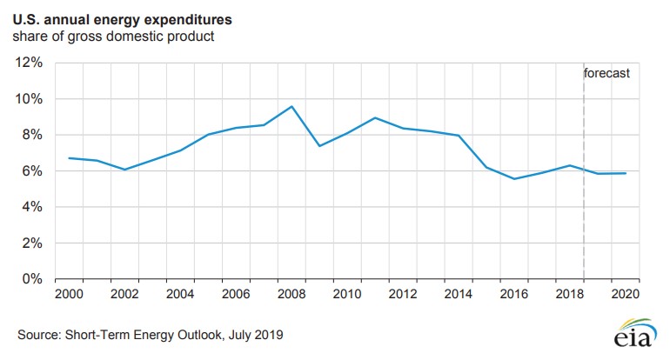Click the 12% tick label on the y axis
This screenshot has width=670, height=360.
[30, 63]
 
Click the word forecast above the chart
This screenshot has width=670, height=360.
[606, 74]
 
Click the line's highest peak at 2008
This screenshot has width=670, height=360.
[291, 106]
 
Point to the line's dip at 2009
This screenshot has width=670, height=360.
[319, 146]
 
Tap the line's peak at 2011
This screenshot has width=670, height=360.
[375, 117]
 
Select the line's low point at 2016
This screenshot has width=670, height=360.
[514, 179]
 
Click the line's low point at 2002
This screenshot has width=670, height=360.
[124, 170]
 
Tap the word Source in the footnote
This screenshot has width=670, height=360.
[37, 335]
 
